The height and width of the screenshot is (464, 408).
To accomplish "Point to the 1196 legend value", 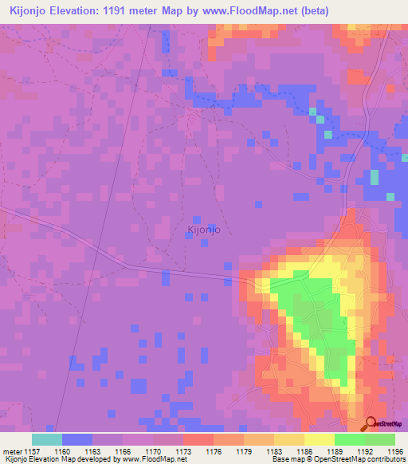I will coord(395,450).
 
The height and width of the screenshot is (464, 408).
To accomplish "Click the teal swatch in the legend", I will coord(46,439).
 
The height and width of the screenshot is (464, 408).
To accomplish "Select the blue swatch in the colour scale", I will coord(76,439).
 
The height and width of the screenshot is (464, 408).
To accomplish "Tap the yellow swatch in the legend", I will coord(319,439).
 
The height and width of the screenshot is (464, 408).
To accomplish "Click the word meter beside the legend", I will coord(14,450).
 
